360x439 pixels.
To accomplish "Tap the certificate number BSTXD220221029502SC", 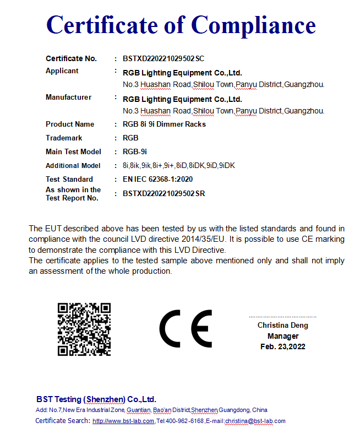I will coord(163,58).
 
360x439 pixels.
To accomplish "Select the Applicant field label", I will coord(62,71).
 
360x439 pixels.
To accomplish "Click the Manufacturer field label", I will coord(68,97).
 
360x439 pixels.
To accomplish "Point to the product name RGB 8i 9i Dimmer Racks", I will coord(164,124).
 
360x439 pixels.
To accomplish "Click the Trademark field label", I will coord(64,138).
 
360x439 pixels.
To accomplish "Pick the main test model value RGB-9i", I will coord(135,151).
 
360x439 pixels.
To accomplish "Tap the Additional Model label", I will coord(73,165).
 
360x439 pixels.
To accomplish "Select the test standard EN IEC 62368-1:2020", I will coord(157,179).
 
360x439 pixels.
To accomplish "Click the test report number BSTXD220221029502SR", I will coord(163,193).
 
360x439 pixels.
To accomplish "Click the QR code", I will coord(84,329).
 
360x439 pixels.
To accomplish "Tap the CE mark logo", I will coord(186,328).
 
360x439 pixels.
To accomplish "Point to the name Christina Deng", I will coord(283,326).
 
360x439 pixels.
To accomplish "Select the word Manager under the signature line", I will coord(283,336).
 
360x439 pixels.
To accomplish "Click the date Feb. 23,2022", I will coord(283,346).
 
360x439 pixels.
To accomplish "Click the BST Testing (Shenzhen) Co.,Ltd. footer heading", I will coord(96,399).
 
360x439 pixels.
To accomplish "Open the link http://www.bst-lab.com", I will coord(123,421).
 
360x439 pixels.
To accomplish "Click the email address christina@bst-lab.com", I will coord(255,421).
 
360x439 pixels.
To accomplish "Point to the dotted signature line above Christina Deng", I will coord(283,317).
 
